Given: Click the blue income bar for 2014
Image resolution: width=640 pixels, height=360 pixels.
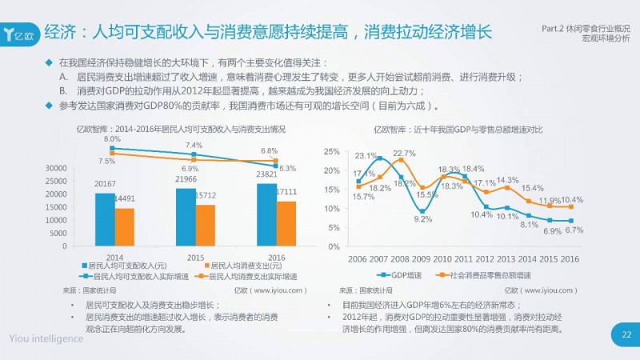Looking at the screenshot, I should pyautogui.click(x=105, y=220).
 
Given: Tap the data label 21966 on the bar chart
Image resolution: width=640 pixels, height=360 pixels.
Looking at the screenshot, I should pyautogui.click(x=186, y=182).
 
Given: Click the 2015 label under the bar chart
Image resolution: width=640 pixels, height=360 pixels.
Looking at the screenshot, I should pyautogui.click(x=195, y=257).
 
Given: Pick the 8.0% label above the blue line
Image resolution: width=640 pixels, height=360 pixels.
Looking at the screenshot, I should pyautogui.click(x=112, y=139).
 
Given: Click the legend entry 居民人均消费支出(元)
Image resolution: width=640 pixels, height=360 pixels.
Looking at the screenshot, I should pyautogui.click(x=242, y=266).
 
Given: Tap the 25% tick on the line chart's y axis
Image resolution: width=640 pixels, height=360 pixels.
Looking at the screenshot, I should pyautogui.click(x=334, y=150).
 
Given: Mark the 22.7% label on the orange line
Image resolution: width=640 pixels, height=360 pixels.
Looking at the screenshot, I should pyautogui.click(x=404, y=153).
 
